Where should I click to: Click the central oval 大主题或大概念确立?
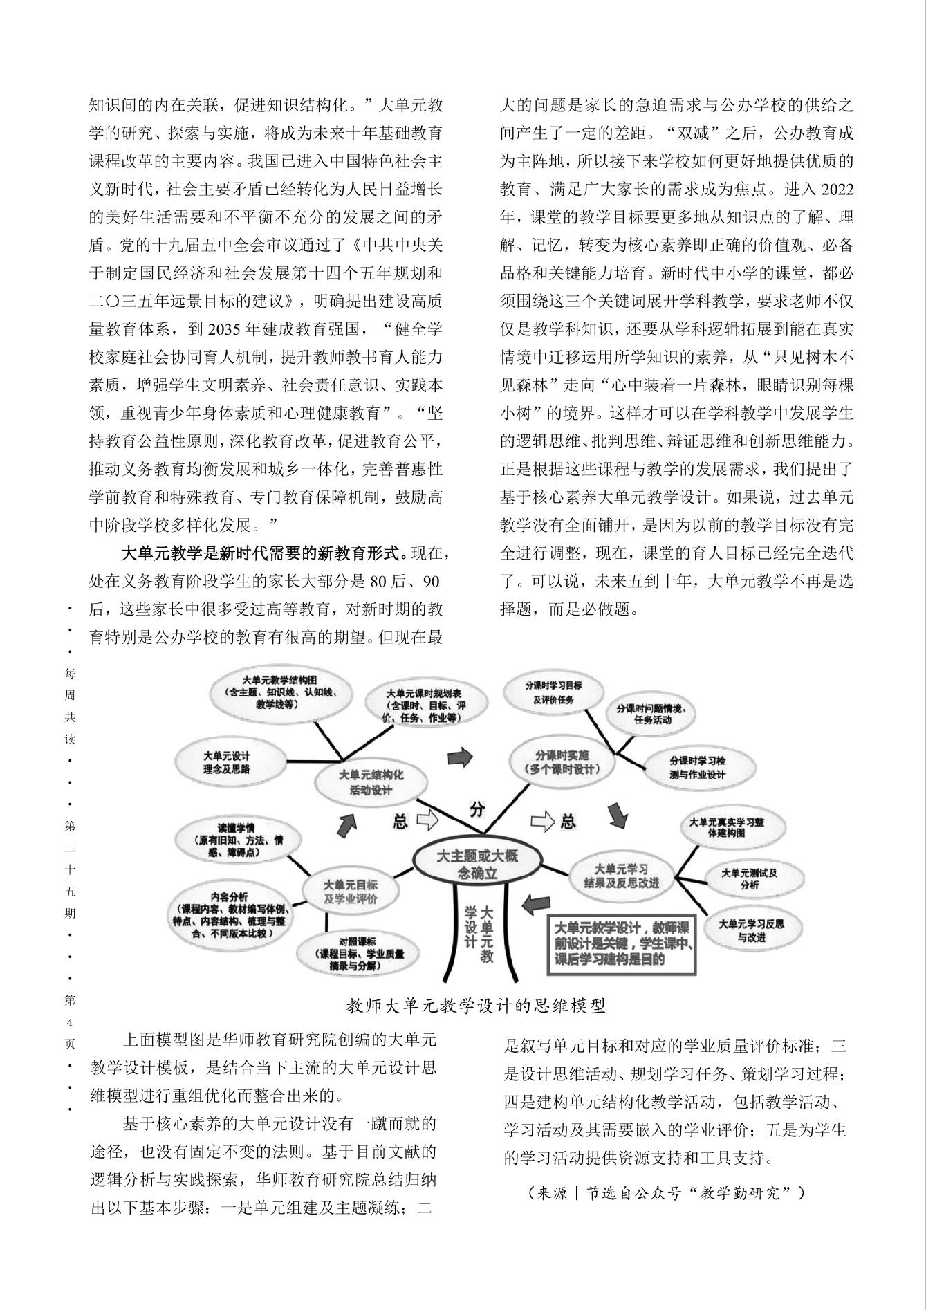(476, 863)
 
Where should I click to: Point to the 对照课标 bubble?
(357, 953)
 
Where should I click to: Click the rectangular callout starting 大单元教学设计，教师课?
(622, 943)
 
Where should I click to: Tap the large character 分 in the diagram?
(477, 808)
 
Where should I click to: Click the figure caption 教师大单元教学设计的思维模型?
(476, 1006)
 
